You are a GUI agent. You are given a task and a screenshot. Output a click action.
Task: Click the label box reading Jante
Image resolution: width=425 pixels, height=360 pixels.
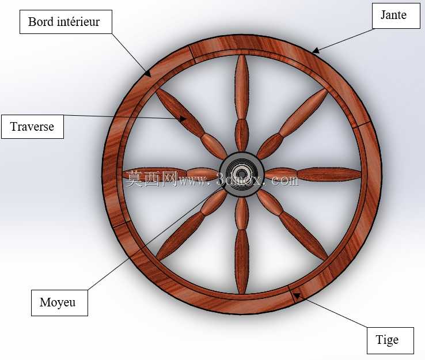tap(396, 16)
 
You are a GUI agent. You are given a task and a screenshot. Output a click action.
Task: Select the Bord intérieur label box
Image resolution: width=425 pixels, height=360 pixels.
tap(66, 22)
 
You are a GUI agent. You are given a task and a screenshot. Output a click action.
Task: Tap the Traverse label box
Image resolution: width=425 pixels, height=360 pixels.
tap(32, 127)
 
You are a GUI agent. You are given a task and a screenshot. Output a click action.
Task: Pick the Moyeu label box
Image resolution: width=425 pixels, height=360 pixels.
tap(59, 303)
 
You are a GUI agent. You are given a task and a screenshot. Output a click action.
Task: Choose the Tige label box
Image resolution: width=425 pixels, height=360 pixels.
tap(390, 340)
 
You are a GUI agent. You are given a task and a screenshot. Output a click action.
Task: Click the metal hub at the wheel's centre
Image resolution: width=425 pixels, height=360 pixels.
tap(241, 174)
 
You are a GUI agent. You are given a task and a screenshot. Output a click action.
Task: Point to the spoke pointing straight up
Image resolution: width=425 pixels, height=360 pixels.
tap(241, 103)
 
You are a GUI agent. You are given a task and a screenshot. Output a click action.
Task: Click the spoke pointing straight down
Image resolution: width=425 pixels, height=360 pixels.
tap(241, 245)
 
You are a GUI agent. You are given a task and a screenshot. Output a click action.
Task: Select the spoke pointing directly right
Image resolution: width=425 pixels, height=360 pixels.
tap(313, 175)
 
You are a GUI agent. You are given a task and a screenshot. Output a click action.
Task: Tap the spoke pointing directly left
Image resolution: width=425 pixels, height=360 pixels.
tap(171, 174)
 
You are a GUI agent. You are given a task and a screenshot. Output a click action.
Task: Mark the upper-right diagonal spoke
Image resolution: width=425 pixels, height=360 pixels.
tap(292, 124)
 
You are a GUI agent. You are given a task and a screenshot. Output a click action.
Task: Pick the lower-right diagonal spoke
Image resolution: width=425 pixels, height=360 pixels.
tap(292, 225)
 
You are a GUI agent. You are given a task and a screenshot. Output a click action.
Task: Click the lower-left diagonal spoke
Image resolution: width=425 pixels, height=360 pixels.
tap(191, 225)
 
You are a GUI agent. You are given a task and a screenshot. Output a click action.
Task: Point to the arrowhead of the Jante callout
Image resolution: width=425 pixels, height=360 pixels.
tap(315, 51)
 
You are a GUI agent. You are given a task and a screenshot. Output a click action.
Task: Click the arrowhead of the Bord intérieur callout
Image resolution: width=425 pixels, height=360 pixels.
tap(148, 74)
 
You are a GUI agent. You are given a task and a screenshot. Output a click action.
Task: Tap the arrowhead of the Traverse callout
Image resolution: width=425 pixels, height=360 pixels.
tap(183, 119)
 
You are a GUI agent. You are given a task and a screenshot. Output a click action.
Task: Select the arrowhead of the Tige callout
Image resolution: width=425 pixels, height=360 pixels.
tap(297, 295)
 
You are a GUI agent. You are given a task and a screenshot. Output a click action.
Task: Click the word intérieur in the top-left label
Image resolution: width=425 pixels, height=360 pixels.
tap(78, 22)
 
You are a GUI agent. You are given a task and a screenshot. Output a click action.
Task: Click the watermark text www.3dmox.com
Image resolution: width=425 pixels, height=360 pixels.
tap(238, 180)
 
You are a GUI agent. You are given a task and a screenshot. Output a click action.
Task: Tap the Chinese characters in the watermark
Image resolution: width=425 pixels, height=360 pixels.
tap(152, 179)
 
